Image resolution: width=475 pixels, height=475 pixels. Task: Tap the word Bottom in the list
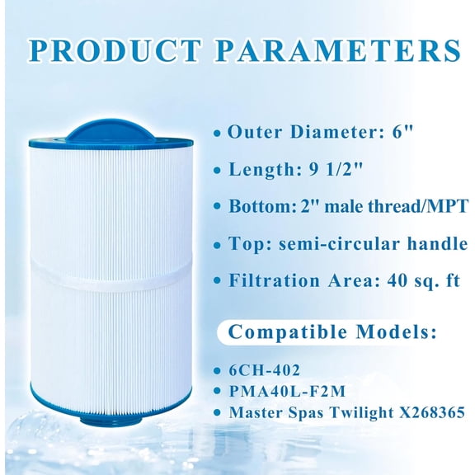click(x=256, y=205)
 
